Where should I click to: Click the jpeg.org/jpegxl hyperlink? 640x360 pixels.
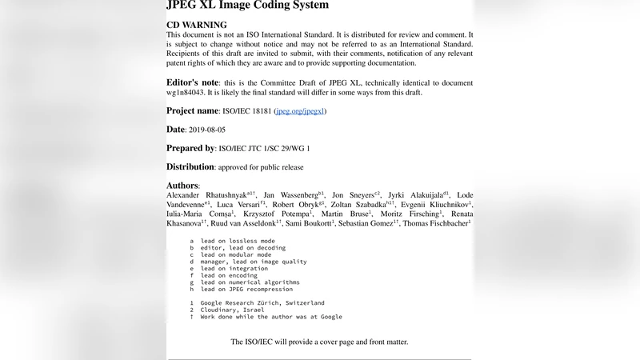point(300,111)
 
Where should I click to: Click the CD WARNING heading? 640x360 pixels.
point(196,25)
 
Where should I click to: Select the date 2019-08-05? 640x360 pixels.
point(207,130)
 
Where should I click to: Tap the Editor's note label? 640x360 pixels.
point(193,82)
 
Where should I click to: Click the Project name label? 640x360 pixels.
point(193,111)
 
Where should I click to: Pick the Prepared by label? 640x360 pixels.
point(190,148)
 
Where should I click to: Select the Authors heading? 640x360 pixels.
point(182,185)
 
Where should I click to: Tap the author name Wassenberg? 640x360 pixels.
point(296,195)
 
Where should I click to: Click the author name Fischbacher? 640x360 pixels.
point(442,223)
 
